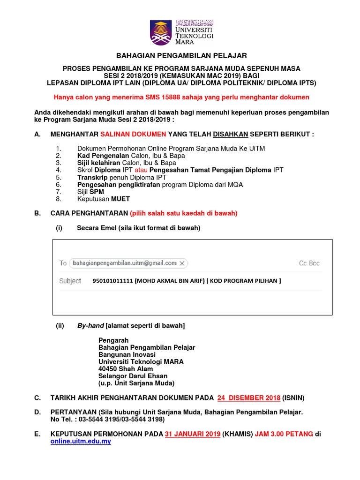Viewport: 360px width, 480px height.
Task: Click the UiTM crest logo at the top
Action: point(161,32)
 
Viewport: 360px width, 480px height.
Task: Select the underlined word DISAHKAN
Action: point(231,134)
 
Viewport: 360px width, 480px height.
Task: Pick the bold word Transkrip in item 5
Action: point(92,178)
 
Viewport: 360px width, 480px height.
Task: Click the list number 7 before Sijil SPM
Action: point(58,192)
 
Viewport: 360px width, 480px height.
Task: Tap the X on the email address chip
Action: point(182,263)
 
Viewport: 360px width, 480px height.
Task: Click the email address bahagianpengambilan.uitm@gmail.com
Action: point(125,263)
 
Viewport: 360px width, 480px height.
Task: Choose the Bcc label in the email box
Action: point(315,263)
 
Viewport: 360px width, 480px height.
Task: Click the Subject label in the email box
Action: point(70,281)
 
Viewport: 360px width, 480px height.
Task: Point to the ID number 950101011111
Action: point(113,281)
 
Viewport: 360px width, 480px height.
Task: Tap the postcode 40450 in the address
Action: point(108,369)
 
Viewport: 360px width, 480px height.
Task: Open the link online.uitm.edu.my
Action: point(81,442)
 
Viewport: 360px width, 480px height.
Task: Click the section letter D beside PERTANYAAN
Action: point(37,412)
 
